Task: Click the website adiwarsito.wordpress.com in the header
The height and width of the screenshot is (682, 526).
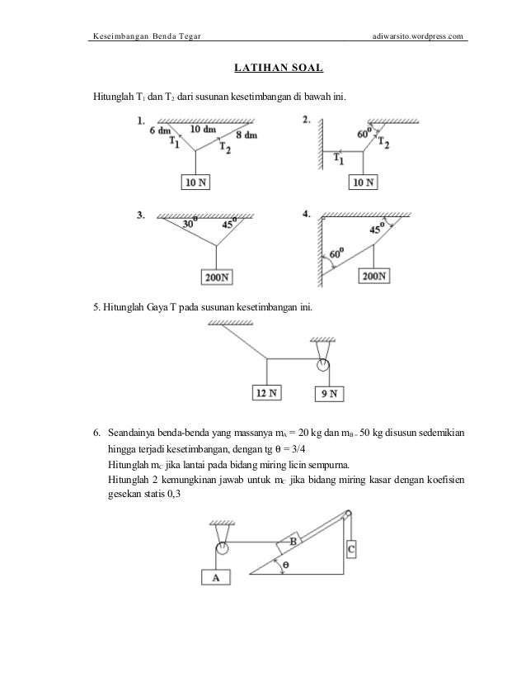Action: click(419, 36)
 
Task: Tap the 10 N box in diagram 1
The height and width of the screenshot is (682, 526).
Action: click(196, 182)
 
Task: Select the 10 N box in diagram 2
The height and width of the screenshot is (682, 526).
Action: click(363, 182)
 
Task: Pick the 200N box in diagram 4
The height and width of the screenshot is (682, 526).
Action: click(374, 276)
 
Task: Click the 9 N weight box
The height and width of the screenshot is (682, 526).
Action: click(329, 394)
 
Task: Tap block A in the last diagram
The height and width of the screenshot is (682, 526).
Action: click(216, 578)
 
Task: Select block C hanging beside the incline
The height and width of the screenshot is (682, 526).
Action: click(351, 548)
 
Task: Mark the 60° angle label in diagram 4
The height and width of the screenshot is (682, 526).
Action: click(335, 254)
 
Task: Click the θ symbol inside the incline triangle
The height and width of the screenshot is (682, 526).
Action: click(284, 565)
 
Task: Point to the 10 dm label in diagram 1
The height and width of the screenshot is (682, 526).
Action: click(203, 130)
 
